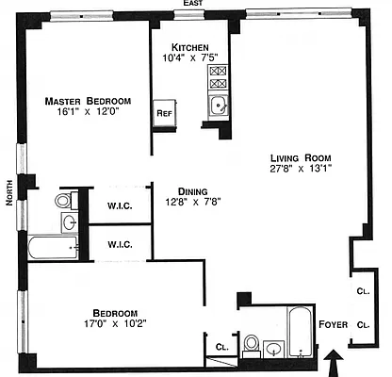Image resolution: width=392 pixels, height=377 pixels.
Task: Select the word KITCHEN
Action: click(196, 48)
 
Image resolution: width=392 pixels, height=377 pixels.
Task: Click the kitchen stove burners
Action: click(218, 76)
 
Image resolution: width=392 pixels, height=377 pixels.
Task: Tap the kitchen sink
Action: click(218, 106)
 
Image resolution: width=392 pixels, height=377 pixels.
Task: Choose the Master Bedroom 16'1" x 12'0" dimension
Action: click(90, 112)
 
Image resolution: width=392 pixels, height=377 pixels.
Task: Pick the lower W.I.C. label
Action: click(119, 244)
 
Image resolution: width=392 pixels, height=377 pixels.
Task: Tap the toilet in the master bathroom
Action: click(64, 200)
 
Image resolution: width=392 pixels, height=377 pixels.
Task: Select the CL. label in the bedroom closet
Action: click(222, 347)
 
